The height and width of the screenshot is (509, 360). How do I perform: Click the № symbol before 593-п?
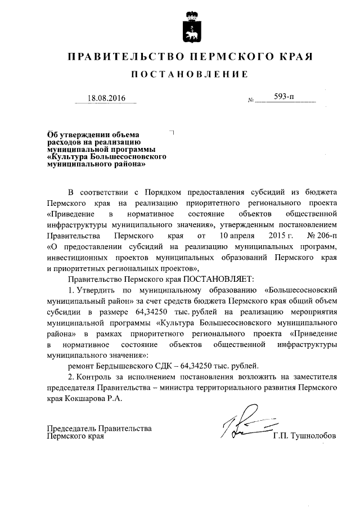250,101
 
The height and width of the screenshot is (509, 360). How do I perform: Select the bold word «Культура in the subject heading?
67,157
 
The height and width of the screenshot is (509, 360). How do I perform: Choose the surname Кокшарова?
84,398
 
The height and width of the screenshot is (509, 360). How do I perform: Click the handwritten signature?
245,428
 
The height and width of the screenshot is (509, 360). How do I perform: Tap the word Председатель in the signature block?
73,428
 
